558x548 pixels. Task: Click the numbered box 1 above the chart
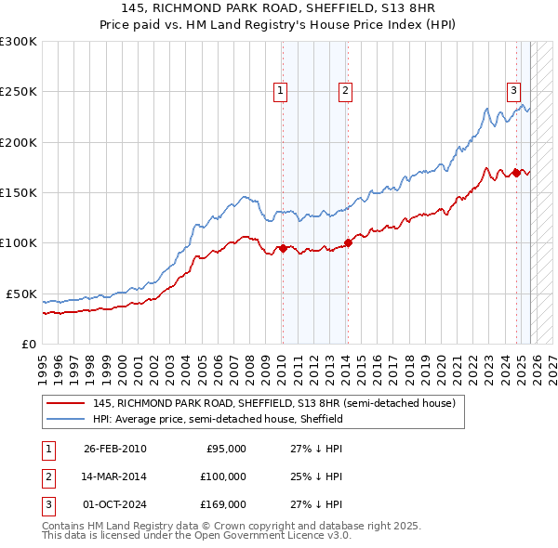coord(280,90)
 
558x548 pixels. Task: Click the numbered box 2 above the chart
coord(345,90)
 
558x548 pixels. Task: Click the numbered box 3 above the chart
coord(513,90)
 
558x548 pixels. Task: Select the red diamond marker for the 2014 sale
coord(348,243)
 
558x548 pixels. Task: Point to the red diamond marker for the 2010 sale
coord(283,248)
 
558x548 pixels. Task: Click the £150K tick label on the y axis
coord(18,192)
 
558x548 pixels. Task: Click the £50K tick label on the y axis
coord(20,294)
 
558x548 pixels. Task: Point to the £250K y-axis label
coord(18,92)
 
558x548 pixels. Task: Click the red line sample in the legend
coord(66,404)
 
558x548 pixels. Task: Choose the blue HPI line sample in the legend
coord(66,419)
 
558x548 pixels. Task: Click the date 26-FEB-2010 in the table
coord(114,449)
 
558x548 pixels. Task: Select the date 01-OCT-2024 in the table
coord(114,504)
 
